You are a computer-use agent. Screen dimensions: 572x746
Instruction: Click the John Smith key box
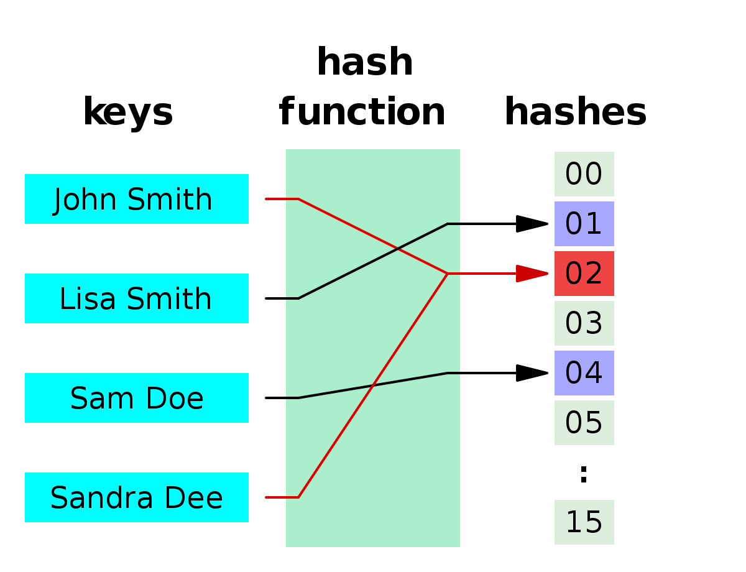pos(137,199)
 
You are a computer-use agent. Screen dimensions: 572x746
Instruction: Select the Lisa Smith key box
pos(137,298)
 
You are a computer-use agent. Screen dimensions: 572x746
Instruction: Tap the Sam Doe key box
pos(137,398)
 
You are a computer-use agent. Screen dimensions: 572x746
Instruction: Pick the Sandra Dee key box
pos(137,497)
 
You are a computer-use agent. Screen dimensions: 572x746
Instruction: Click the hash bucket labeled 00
pos(584,174)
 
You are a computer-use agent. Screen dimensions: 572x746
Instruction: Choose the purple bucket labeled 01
pos(584,224)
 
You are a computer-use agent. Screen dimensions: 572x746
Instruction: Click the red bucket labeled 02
pos(584,274)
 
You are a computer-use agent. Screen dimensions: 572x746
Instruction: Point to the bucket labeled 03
pos(584,323)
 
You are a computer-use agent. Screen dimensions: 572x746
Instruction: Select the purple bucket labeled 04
pos(584,373)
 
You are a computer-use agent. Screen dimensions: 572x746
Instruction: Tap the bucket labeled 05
pos(584,423)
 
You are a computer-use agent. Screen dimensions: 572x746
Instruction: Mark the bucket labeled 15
pos(584,522)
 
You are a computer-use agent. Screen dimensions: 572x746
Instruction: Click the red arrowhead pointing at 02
pos(532,274)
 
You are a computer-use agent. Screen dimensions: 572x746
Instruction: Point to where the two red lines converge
pos(447,274)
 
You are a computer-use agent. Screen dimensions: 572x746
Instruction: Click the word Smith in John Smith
pos(170,200)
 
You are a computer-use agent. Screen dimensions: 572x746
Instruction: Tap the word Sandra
pos(102,498)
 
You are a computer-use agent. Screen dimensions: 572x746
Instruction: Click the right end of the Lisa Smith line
pos(458,224)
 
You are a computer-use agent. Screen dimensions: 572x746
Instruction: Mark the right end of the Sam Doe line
pos(458,373)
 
